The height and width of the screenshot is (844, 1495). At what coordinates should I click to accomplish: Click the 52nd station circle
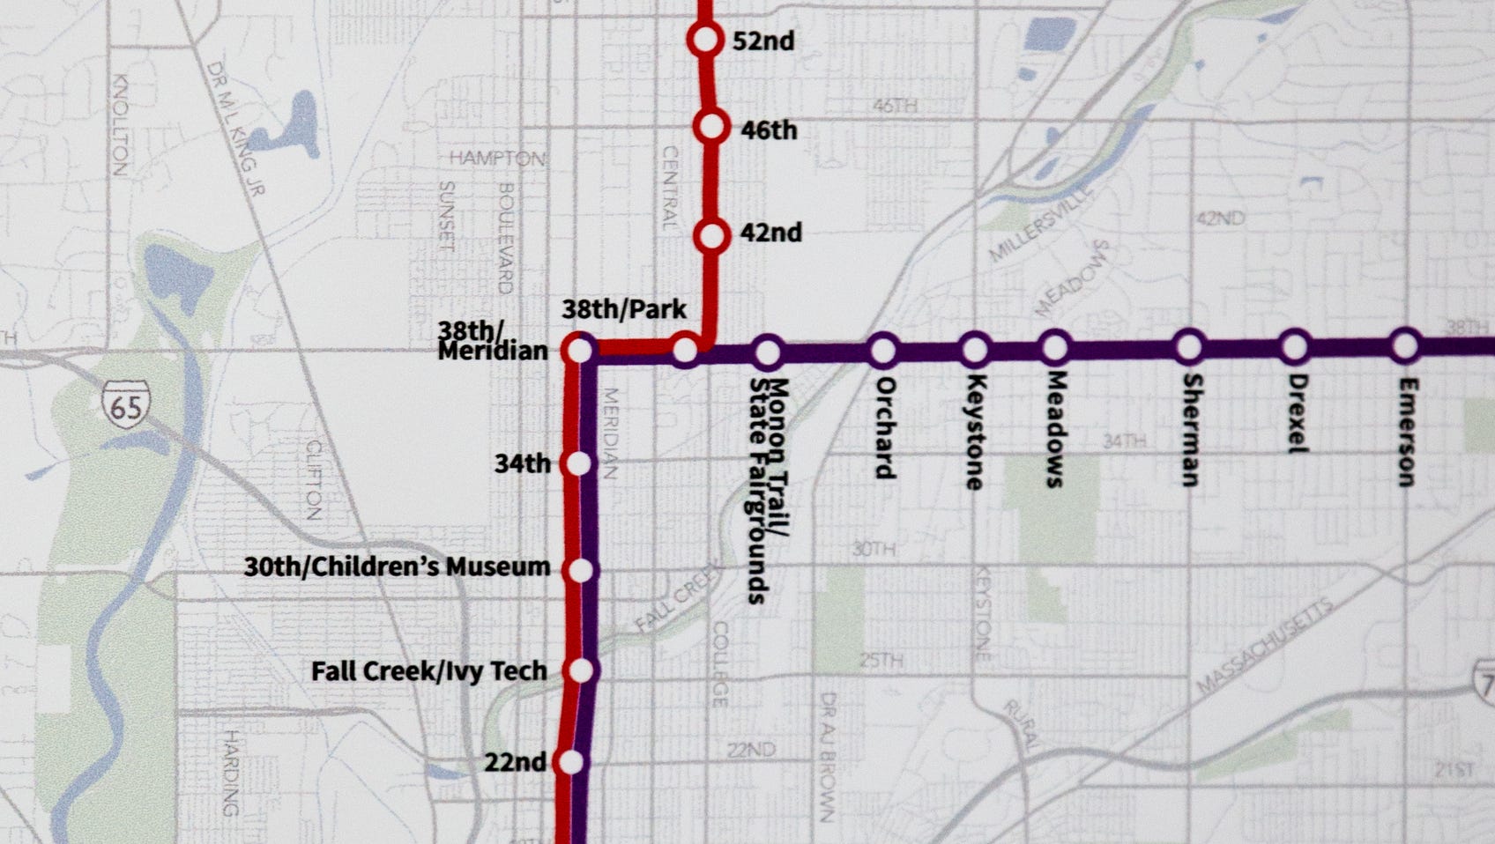(705, 40)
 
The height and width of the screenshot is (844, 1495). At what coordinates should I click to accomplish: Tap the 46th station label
(769, 130)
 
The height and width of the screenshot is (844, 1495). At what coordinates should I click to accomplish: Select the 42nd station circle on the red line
(711, 236)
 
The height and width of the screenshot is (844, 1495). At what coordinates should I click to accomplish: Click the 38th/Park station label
(624, 310)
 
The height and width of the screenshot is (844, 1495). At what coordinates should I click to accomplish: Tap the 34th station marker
(579, 463)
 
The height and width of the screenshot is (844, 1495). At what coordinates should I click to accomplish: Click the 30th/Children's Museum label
(397, 566)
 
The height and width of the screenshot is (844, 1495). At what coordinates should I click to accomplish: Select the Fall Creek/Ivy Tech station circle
(581, 671)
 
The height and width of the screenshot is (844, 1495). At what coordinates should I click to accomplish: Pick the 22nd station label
(515, 762)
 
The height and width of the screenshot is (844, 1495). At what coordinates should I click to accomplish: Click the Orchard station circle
(882, 351)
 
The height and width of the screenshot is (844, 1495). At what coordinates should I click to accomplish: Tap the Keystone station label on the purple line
(974, 432)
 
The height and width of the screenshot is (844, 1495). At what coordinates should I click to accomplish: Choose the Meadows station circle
(1054, 348)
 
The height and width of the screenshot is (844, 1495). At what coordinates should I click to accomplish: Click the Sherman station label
(1191, 430)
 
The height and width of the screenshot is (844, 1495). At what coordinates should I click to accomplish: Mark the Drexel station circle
(1294, 347)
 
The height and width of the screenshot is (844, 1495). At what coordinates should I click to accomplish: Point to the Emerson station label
(1407, 432)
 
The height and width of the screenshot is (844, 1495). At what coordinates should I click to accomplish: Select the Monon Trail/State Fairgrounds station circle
(768, 352)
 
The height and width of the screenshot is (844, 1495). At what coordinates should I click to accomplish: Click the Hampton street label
(497, 159)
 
